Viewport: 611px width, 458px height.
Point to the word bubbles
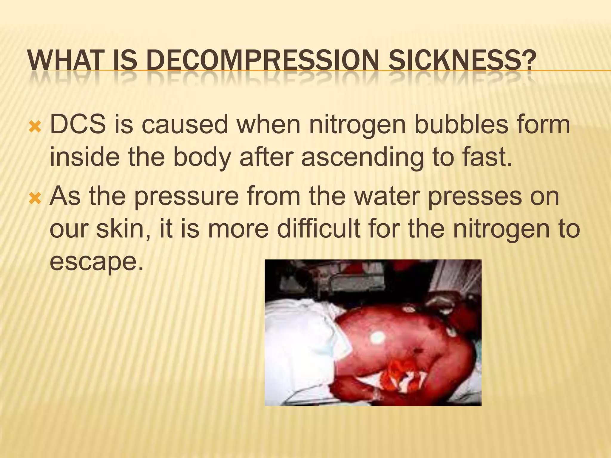click(x=461, y=125)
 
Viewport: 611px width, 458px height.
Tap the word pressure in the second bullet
click(x=186, y=197)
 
